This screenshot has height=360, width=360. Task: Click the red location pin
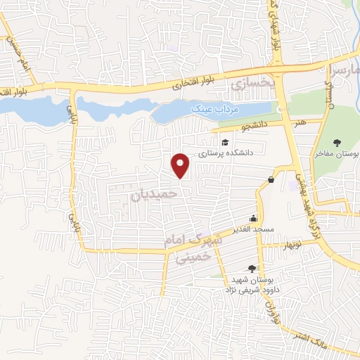click(x=181, y=165)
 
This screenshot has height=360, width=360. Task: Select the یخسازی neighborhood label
click(x=250, y=85)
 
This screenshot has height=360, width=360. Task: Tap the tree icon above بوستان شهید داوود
click(x=252, y=268)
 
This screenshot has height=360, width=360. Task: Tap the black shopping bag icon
click(x=271, y=180)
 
